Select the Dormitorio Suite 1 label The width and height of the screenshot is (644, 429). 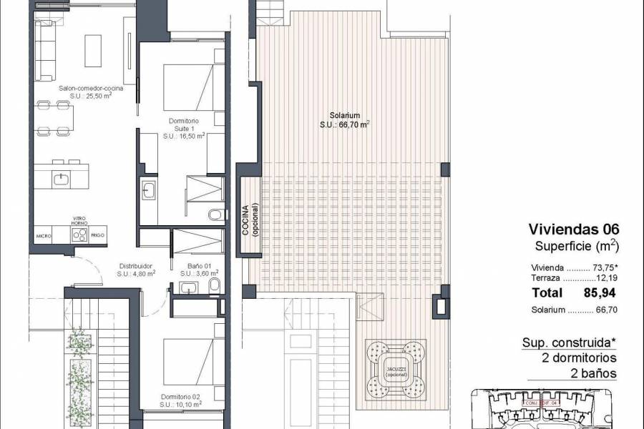point(184,128)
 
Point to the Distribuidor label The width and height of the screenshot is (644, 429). point(135,268)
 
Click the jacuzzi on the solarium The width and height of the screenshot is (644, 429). point(396,368)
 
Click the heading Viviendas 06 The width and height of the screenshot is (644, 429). point(573,230)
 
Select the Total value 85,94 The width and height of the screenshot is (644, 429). point(600,292)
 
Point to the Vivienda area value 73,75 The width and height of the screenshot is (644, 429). point(604,267)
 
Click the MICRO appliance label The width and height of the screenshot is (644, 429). point(44,235)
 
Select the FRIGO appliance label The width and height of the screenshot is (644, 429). point(99,235)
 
